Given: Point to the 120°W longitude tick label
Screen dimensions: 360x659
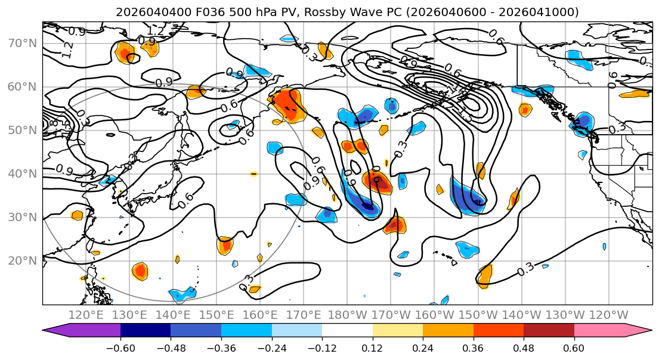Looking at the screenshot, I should point(609,315).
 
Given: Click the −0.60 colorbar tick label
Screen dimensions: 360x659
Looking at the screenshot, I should point(120,347).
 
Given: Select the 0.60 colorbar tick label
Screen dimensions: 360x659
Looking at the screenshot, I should point(574,347).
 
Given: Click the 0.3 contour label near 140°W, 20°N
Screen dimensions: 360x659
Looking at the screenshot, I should point(525,269).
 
